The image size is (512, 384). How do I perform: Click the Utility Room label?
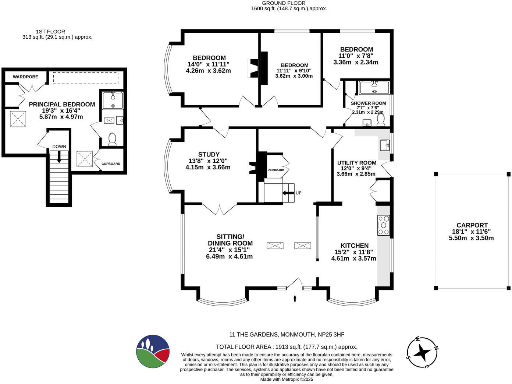pos(357,163)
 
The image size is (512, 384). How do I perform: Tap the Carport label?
pos(472,225)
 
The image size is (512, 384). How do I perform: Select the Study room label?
pos(209,155)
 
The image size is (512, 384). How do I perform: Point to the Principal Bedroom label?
pos(62,104)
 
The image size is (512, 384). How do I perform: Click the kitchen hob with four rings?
pos(384,225)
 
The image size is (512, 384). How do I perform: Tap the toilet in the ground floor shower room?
pos(381,120)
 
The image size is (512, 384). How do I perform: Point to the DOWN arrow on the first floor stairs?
pos(59,156)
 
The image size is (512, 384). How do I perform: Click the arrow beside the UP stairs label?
pos(288,193)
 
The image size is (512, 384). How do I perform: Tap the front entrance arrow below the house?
pos(295,298)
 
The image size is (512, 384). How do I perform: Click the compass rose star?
pos(422,352)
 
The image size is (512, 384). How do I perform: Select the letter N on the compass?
pos(436,348)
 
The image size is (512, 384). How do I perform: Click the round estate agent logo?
pos(153,352)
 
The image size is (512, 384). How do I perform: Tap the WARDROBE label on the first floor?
pos(25,77)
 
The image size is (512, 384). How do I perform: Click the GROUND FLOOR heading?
pos(284,3)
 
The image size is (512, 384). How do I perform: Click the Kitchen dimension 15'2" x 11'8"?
pos(353,252)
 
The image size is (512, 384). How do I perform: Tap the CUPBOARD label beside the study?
pos(276,170)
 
